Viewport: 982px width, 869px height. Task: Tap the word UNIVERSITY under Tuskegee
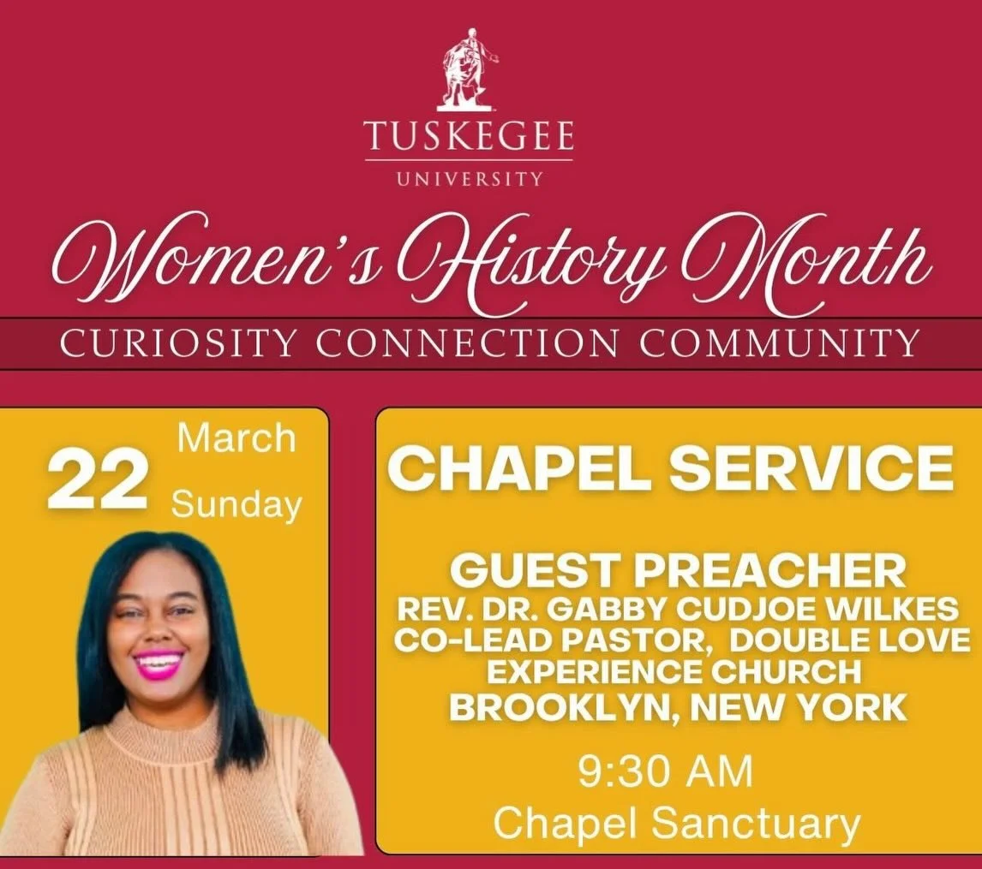tap(469, 179)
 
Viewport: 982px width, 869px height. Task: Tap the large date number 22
tap(97, 481)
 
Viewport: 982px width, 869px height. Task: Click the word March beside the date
tap(236, 439)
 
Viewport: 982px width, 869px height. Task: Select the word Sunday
tap(236, 505)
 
